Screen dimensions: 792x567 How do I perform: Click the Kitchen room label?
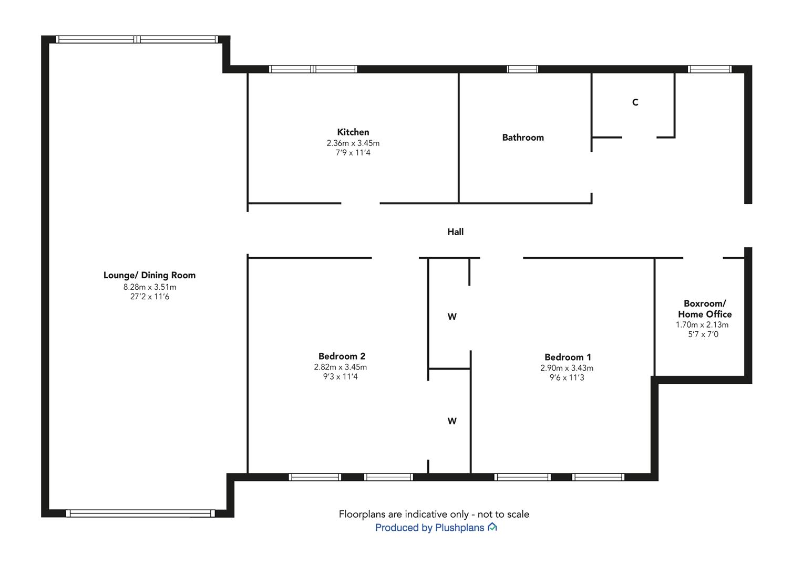tap(353, 132)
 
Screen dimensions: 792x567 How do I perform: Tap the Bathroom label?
tap(523, 138)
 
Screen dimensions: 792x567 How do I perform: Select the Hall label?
tap(456, 232)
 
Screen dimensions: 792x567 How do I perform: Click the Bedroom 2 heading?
tap(342, 356)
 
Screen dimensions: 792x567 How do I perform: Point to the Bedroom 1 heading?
tap(568, 357)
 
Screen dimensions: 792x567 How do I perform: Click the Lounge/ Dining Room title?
tap(149, 275)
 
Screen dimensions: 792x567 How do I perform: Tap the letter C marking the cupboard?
tap(635, 102)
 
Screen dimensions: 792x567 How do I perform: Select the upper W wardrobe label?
tap(452, 317)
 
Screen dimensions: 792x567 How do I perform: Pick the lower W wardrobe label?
tap(452, 421)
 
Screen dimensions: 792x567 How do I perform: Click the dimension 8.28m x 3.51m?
tap(150, 287)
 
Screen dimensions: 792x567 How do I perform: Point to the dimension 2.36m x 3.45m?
tap(353, 143)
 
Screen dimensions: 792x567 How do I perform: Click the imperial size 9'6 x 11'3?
tap(567, 377)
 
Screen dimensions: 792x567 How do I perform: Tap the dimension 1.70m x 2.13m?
tap(702, 324)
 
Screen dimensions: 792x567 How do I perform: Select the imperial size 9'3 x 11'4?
tap(340, 376)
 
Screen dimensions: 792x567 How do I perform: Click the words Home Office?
tap(705, 314)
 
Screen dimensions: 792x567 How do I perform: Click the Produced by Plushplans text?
tap(429, 528)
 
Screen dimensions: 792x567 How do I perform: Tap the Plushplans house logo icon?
tap(492, 527)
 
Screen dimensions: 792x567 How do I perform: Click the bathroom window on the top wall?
tap(522, 69)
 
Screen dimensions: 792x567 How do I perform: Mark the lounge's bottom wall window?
tap(140, 513)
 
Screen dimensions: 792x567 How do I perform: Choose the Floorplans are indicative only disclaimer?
tap(434, 514)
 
